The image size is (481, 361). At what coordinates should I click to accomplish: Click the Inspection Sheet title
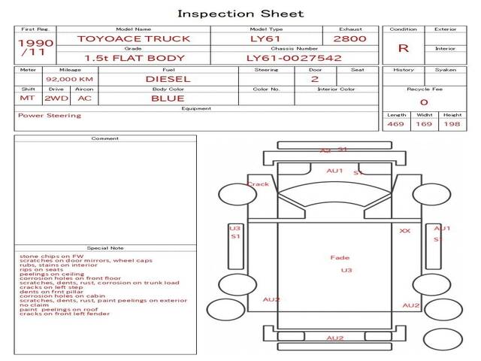tap(240, 14)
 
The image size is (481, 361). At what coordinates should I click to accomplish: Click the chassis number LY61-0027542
tap(294, 58)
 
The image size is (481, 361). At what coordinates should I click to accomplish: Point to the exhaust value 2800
tap(350, 38)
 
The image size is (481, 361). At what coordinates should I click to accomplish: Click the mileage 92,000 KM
tap(69, 78)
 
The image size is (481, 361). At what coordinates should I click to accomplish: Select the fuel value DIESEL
tap(168, 78)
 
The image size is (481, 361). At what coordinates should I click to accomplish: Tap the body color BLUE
tap(168, 98)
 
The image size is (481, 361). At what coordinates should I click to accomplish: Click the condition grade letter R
tap(404, 48)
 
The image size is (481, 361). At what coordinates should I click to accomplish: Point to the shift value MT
tap(27, 98)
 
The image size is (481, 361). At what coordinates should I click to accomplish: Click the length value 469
tap(395, 124)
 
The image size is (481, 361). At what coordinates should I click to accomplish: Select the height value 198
tap(452, 124)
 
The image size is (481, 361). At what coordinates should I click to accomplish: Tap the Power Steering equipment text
tap(50, 116)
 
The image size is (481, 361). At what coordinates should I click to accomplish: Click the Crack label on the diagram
tap(258, 184)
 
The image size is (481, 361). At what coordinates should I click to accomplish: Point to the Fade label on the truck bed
tap(340, 258)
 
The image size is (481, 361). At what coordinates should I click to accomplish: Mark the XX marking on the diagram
tap(405, 231)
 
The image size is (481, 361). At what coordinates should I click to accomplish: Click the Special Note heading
tap(105, 247)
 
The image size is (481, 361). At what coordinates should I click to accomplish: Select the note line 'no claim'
tap(34, 305)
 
